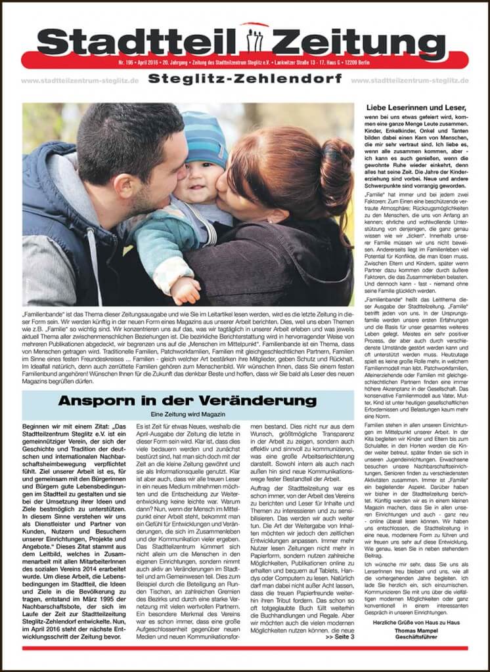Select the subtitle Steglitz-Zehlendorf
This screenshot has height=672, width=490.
[244, 79]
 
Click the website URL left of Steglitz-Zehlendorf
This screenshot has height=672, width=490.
[79, 81]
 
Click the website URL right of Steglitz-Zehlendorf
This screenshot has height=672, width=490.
[410, 81]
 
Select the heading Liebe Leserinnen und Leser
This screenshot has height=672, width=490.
[414, 108]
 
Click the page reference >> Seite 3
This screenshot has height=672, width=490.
[338, 636]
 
